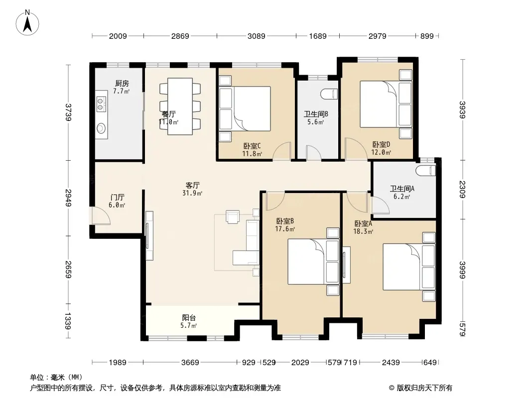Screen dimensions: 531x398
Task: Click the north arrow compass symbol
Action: click(x=27, y=22)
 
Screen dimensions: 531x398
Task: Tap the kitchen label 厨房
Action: click(x=122, y=83)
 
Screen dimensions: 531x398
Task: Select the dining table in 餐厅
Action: click(x=180, y=106)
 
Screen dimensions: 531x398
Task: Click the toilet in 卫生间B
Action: click(x=330, y=94)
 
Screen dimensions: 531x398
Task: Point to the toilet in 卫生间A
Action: click(x=426, y=171)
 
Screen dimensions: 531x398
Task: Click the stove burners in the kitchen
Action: click(x=101, y=104)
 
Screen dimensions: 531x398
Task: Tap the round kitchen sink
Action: click(x=101, y=128)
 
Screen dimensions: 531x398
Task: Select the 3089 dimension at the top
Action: click(x=257, y=36)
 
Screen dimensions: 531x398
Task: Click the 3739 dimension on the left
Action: click(x=69, y=112)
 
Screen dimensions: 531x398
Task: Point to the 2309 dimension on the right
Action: click(x=462, y=189)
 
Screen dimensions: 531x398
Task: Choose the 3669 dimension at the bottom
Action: click(x=190, y=363)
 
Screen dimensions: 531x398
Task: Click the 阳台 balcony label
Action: click(x=189, y=317)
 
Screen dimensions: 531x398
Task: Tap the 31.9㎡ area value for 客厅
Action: click(x=192, y=193)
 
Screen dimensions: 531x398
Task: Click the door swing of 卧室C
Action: click(x=282, y=151)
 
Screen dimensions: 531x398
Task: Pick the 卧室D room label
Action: click(x=382, y=144)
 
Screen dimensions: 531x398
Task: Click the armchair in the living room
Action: click(x=233, y=217)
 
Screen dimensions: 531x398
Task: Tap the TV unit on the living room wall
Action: click(x=149, y=236)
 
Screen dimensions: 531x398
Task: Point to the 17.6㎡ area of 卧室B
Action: click(x=285, y=229)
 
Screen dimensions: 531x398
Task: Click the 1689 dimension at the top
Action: click(x=318, y=36)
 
